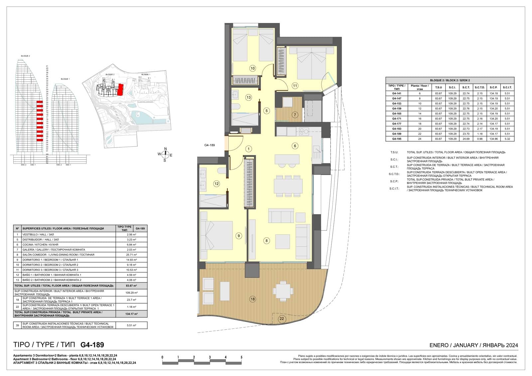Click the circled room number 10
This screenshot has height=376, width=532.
pos(252,68)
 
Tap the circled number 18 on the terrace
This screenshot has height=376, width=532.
pos(252,299)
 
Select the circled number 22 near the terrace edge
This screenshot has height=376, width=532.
pos(282,319)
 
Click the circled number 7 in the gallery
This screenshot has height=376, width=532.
pos(295,115)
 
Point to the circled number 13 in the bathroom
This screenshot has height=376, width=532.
pos(248,97)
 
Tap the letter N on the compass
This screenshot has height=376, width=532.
pos(166,149)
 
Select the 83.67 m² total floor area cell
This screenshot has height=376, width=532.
pos(132,286)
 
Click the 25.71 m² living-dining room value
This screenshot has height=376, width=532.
pos(132,255)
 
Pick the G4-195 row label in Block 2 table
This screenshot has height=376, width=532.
pos(397,139)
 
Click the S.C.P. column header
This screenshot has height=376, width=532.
pos(493,87)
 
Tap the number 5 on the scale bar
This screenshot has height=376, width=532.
pos(241,357)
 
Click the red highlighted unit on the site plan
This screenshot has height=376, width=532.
pos(120,89)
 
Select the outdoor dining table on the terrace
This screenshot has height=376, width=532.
pos(283,290)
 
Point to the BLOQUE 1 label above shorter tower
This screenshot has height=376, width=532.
pos(65,79)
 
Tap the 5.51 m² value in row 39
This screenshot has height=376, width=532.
pos(132,325)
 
